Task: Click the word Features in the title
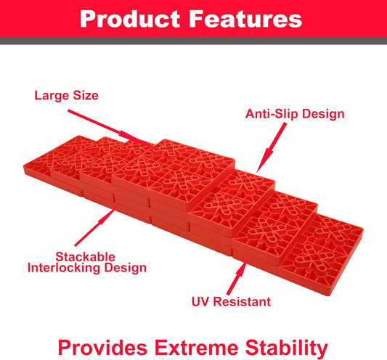248,18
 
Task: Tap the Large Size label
66,94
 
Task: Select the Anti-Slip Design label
294,114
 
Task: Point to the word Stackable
86,255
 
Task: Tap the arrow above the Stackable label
102,228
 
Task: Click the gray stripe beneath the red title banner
193,41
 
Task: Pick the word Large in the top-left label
52,94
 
